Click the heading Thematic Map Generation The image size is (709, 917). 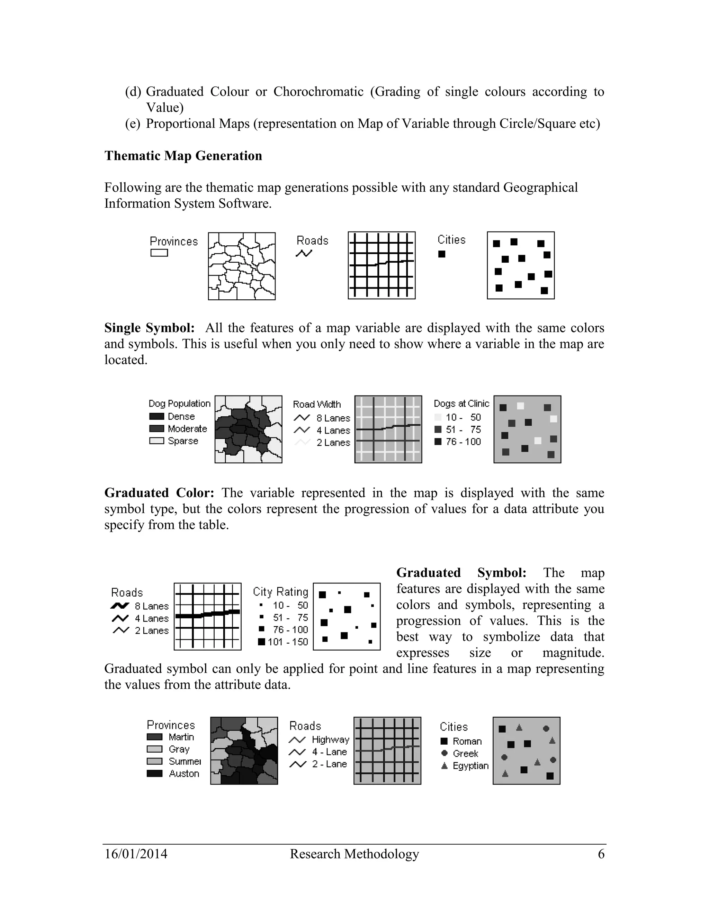coord(183,156)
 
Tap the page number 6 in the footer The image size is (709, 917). coord(601,854)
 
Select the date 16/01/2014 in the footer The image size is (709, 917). coord(136,854)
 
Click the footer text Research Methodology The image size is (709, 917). coord(354,854)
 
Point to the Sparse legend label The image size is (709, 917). coord(183,441)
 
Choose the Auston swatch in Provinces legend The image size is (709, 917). coord(154,773)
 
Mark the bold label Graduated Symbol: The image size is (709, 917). coord(461,573)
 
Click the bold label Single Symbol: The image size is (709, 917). coord(149,328)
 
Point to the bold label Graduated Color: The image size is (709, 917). coord(159,492)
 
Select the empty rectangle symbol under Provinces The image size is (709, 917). coord(159,253)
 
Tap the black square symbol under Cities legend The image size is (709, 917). coord(441,254)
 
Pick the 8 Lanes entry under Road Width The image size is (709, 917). coord(333,418)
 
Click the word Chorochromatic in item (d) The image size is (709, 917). coord(318,92)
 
